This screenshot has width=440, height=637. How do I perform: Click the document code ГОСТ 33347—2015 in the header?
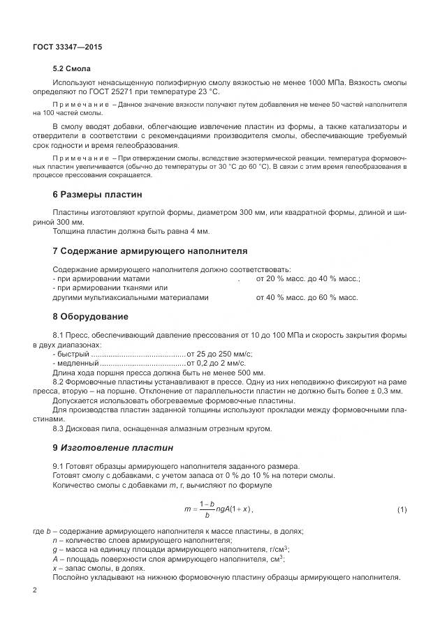68,47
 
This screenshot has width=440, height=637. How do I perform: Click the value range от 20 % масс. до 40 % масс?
307,279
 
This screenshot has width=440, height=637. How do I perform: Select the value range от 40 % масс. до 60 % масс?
307,297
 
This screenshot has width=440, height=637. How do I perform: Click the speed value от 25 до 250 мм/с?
219,354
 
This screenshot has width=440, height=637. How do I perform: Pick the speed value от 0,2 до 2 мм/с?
216,364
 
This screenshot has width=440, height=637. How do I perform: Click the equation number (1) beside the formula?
402,509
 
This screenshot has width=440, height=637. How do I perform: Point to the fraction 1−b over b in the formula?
206,509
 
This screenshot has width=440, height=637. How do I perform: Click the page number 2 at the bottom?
35,590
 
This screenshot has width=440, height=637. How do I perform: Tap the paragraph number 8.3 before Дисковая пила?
61,428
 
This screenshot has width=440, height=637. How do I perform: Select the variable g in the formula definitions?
55,550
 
